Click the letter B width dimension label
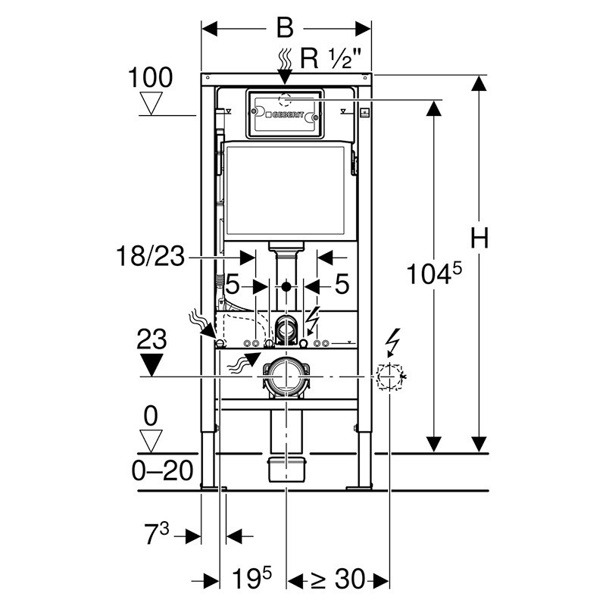(x=285, y=28)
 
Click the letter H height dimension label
(x=479, y=238)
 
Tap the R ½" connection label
(x=331, y=59)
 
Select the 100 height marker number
(x=150, y=77)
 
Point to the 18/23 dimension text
(x=150, y=255)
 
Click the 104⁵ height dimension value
(x=434, y=273)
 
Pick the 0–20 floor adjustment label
(x=162, y=470)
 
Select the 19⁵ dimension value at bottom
(x=251, y=578)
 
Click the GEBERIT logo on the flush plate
(x=285, y=115)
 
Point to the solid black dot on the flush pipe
(x=286, y=287)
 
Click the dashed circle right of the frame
(x=389, y=376)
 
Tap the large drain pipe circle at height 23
(x=286, y=376)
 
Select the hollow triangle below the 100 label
(x=151, y=103)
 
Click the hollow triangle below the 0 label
(x=151, y=441)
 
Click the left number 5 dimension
(x=233, y=285)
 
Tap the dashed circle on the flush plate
(x=286, y=100)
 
